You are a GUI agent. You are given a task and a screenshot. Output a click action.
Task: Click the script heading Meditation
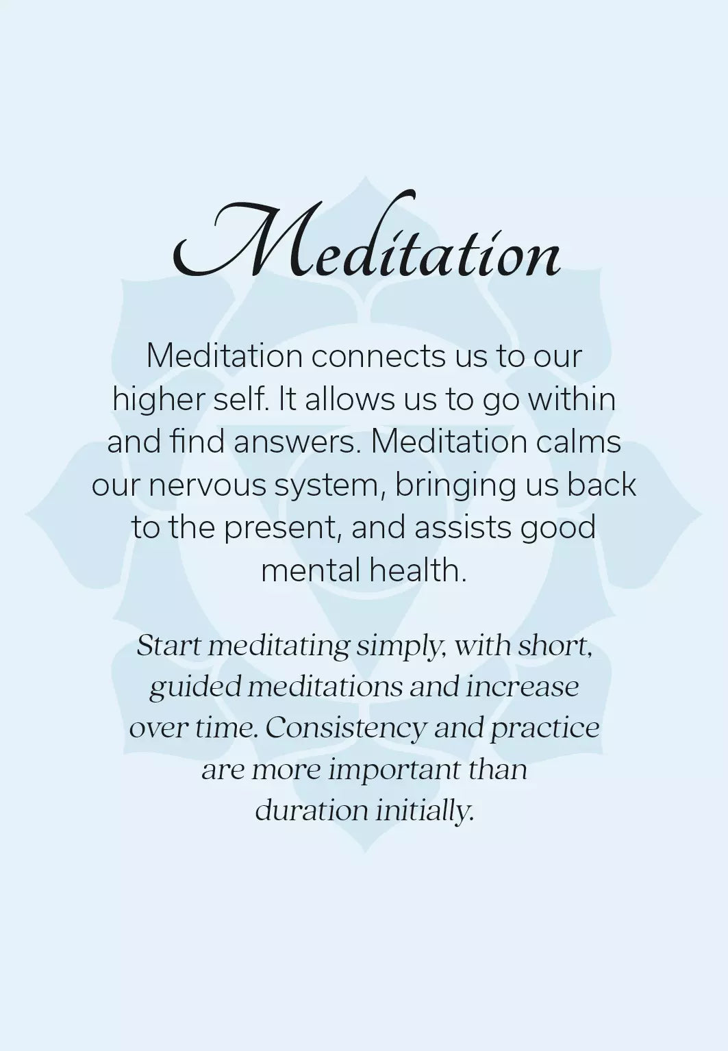pos(366,236)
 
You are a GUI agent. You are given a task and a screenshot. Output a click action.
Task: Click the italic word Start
pos(168,646)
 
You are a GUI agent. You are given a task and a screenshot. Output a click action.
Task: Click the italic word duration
pos(311,810)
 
